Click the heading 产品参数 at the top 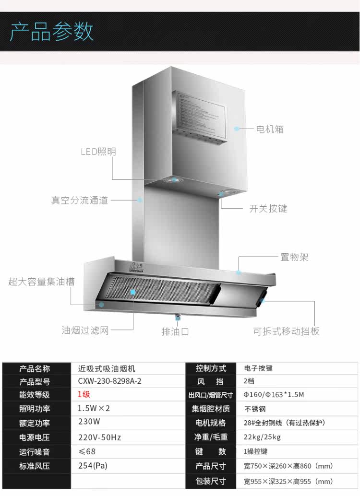tap(52, 32)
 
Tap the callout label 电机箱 tap(270, 129)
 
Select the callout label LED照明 tap(98, 152)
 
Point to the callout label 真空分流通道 tap(80, 200)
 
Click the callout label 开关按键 tap(268, 209)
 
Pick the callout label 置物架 tap(294, 257)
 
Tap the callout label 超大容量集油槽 tap(41, 282)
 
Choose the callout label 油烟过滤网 tap(85, 331)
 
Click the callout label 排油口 tap(175, 331)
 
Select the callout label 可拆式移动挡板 tap(286, 331)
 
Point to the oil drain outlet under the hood tap(178, 316)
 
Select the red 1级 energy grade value tap(84, 395)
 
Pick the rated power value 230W tap(89, 422)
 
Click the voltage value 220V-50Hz tap(99, 437)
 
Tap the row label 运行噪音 tap(35, 452)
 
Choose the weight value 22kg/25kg tap(262, 437)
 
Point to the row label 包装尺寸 tap(211, 481)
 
